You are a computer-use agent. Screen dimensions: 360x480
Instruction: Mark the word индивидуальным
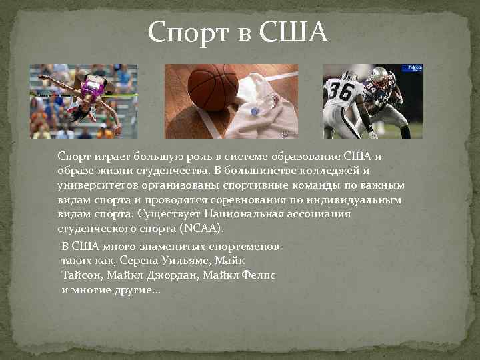353,199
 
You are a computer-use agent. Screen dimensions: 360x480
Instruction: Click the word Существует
169,214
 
